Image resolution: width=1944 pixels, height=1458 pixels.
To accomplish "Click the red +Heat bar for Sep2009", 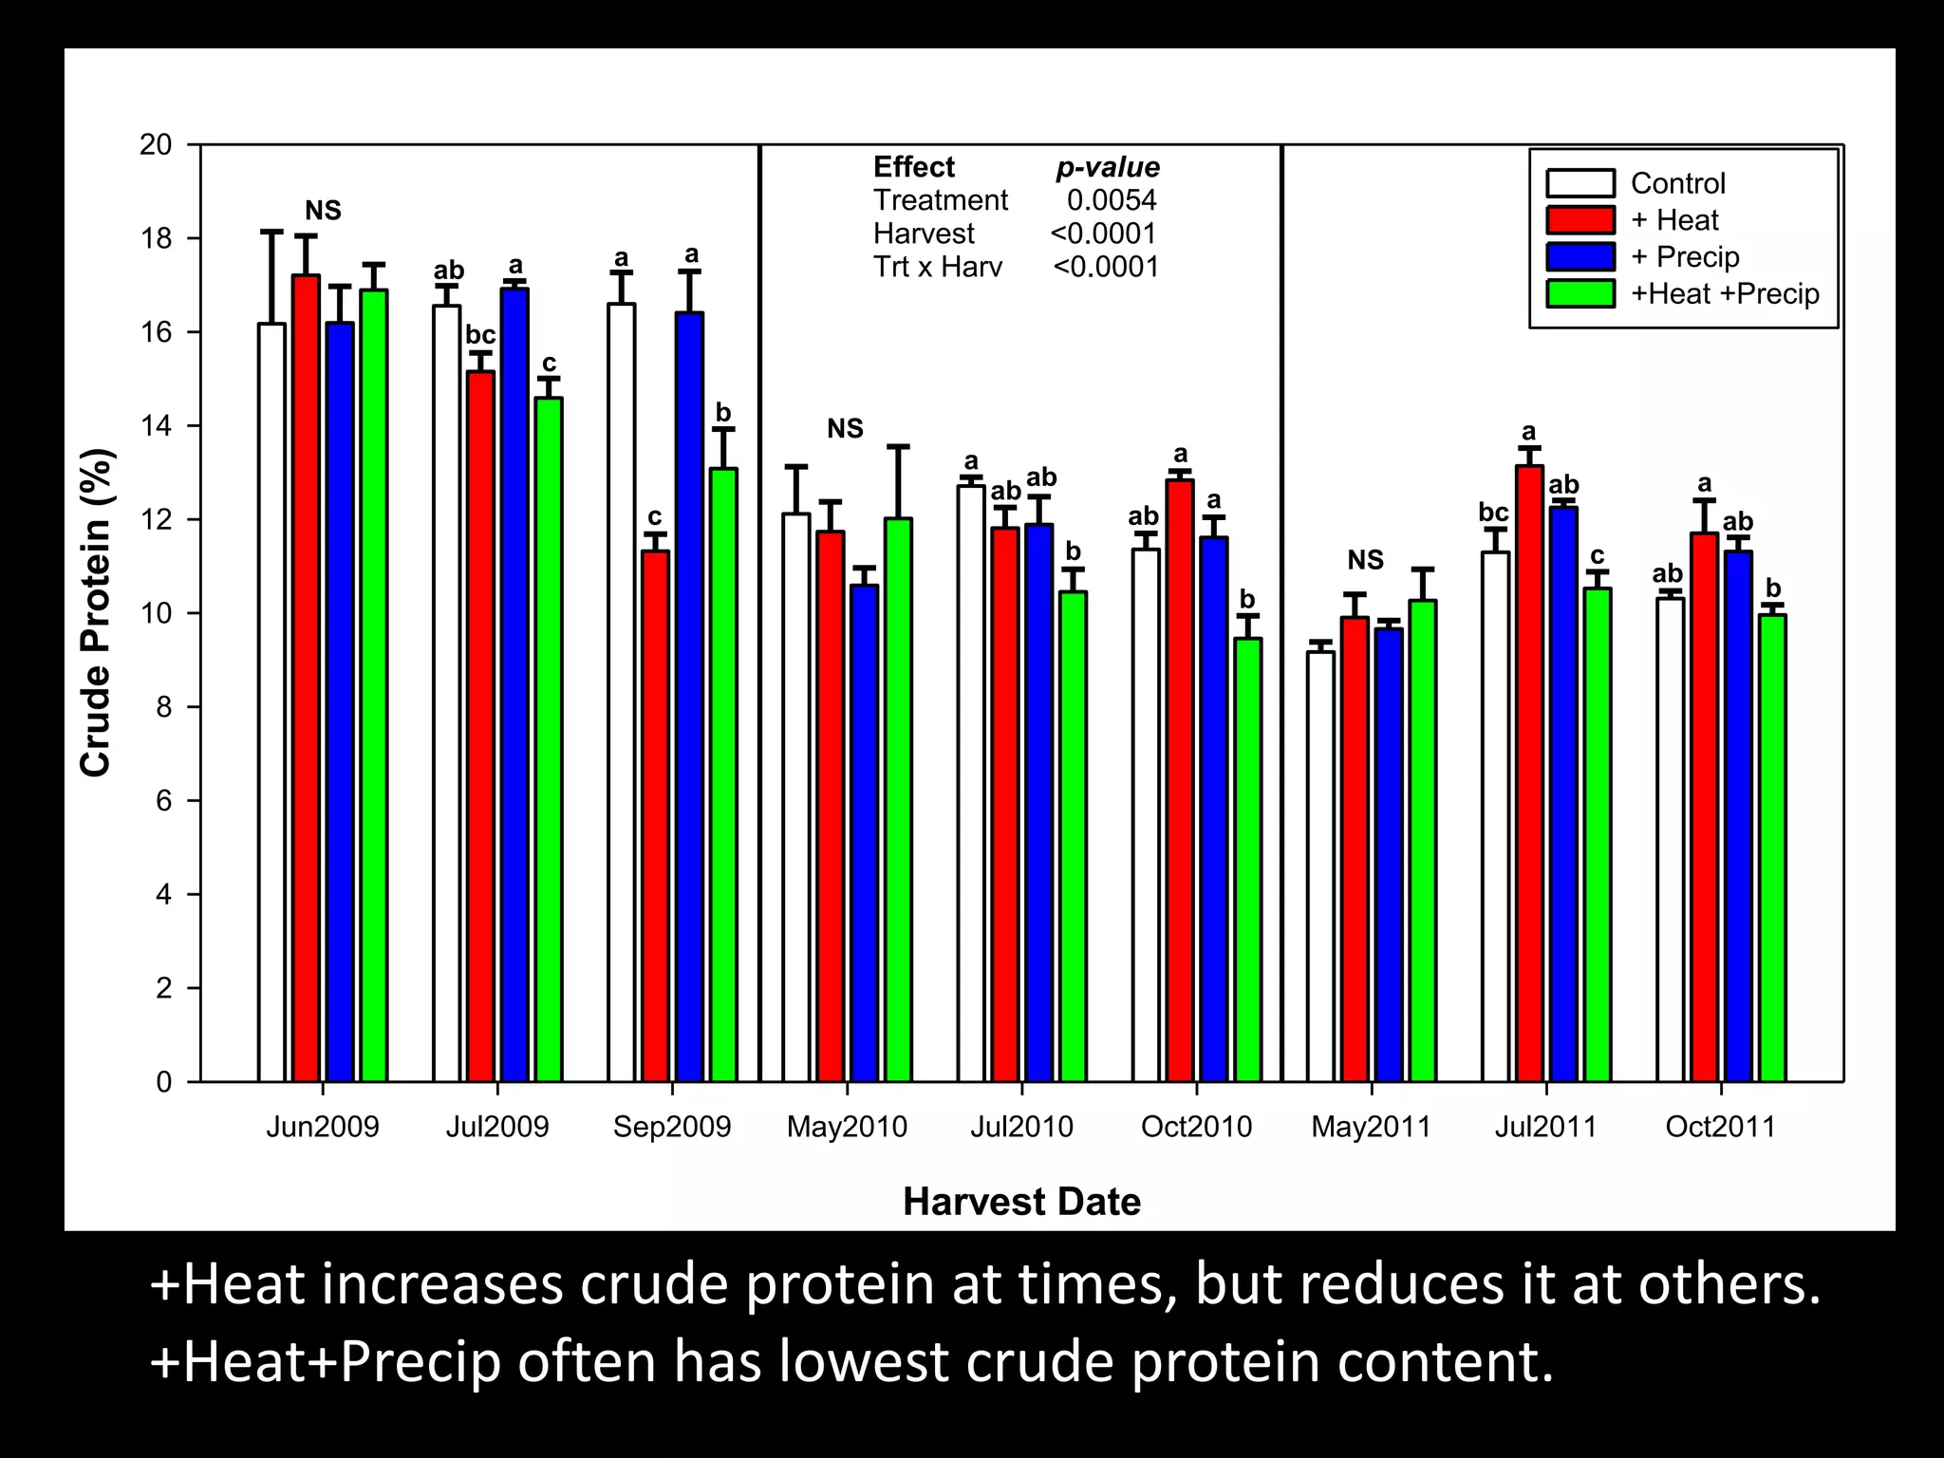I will click(655, 816).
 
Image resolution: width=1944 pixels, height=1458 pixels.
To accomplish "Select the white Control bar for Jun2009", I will click(271, 702).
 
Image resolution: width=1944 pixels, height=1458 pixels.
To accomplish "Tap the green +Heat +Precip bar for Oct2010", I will click(1248, 859).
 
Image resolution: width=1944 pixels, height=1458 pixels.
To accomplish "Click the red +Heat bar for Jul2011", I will click(1529, 774).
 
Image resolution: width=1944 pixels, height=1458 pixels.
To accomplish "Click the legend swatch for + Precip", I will click(1580, 257).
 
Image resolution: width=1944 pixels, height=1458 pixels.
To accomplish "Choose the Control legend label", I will click(1677, 183).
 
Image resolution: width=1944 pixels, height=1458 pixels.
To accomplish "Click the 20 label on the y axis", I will click(157, 145).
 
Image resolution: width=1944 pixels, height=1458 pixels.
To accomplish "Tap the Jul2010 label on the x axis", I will click(1021, 1127).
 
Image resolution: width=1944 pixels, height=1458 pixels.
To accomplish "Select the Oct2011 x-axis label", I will click(1720, 1127).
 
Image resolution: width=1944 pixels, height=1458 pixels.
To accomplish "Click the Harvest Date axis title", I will click(1021, 1202).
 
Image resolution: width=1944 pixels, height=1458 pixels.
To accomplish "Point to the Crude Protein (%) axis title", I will click(96, 612).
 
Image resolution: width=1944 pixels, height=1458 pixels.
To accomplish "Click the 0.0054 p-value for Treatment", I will click(1112, 200).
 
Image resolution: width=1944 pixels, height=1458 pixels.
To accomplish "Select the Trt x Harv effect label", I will click(937, 267).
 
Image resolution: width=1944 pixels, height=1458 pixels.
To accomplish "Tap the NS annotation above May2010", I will click(845, 429).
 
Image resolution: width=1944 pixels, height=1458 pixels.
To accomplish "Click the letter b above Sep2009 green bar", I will click(723, 413).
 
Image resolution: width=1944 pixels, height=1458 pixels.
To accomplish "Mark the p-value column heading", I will click(1108, 168).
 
